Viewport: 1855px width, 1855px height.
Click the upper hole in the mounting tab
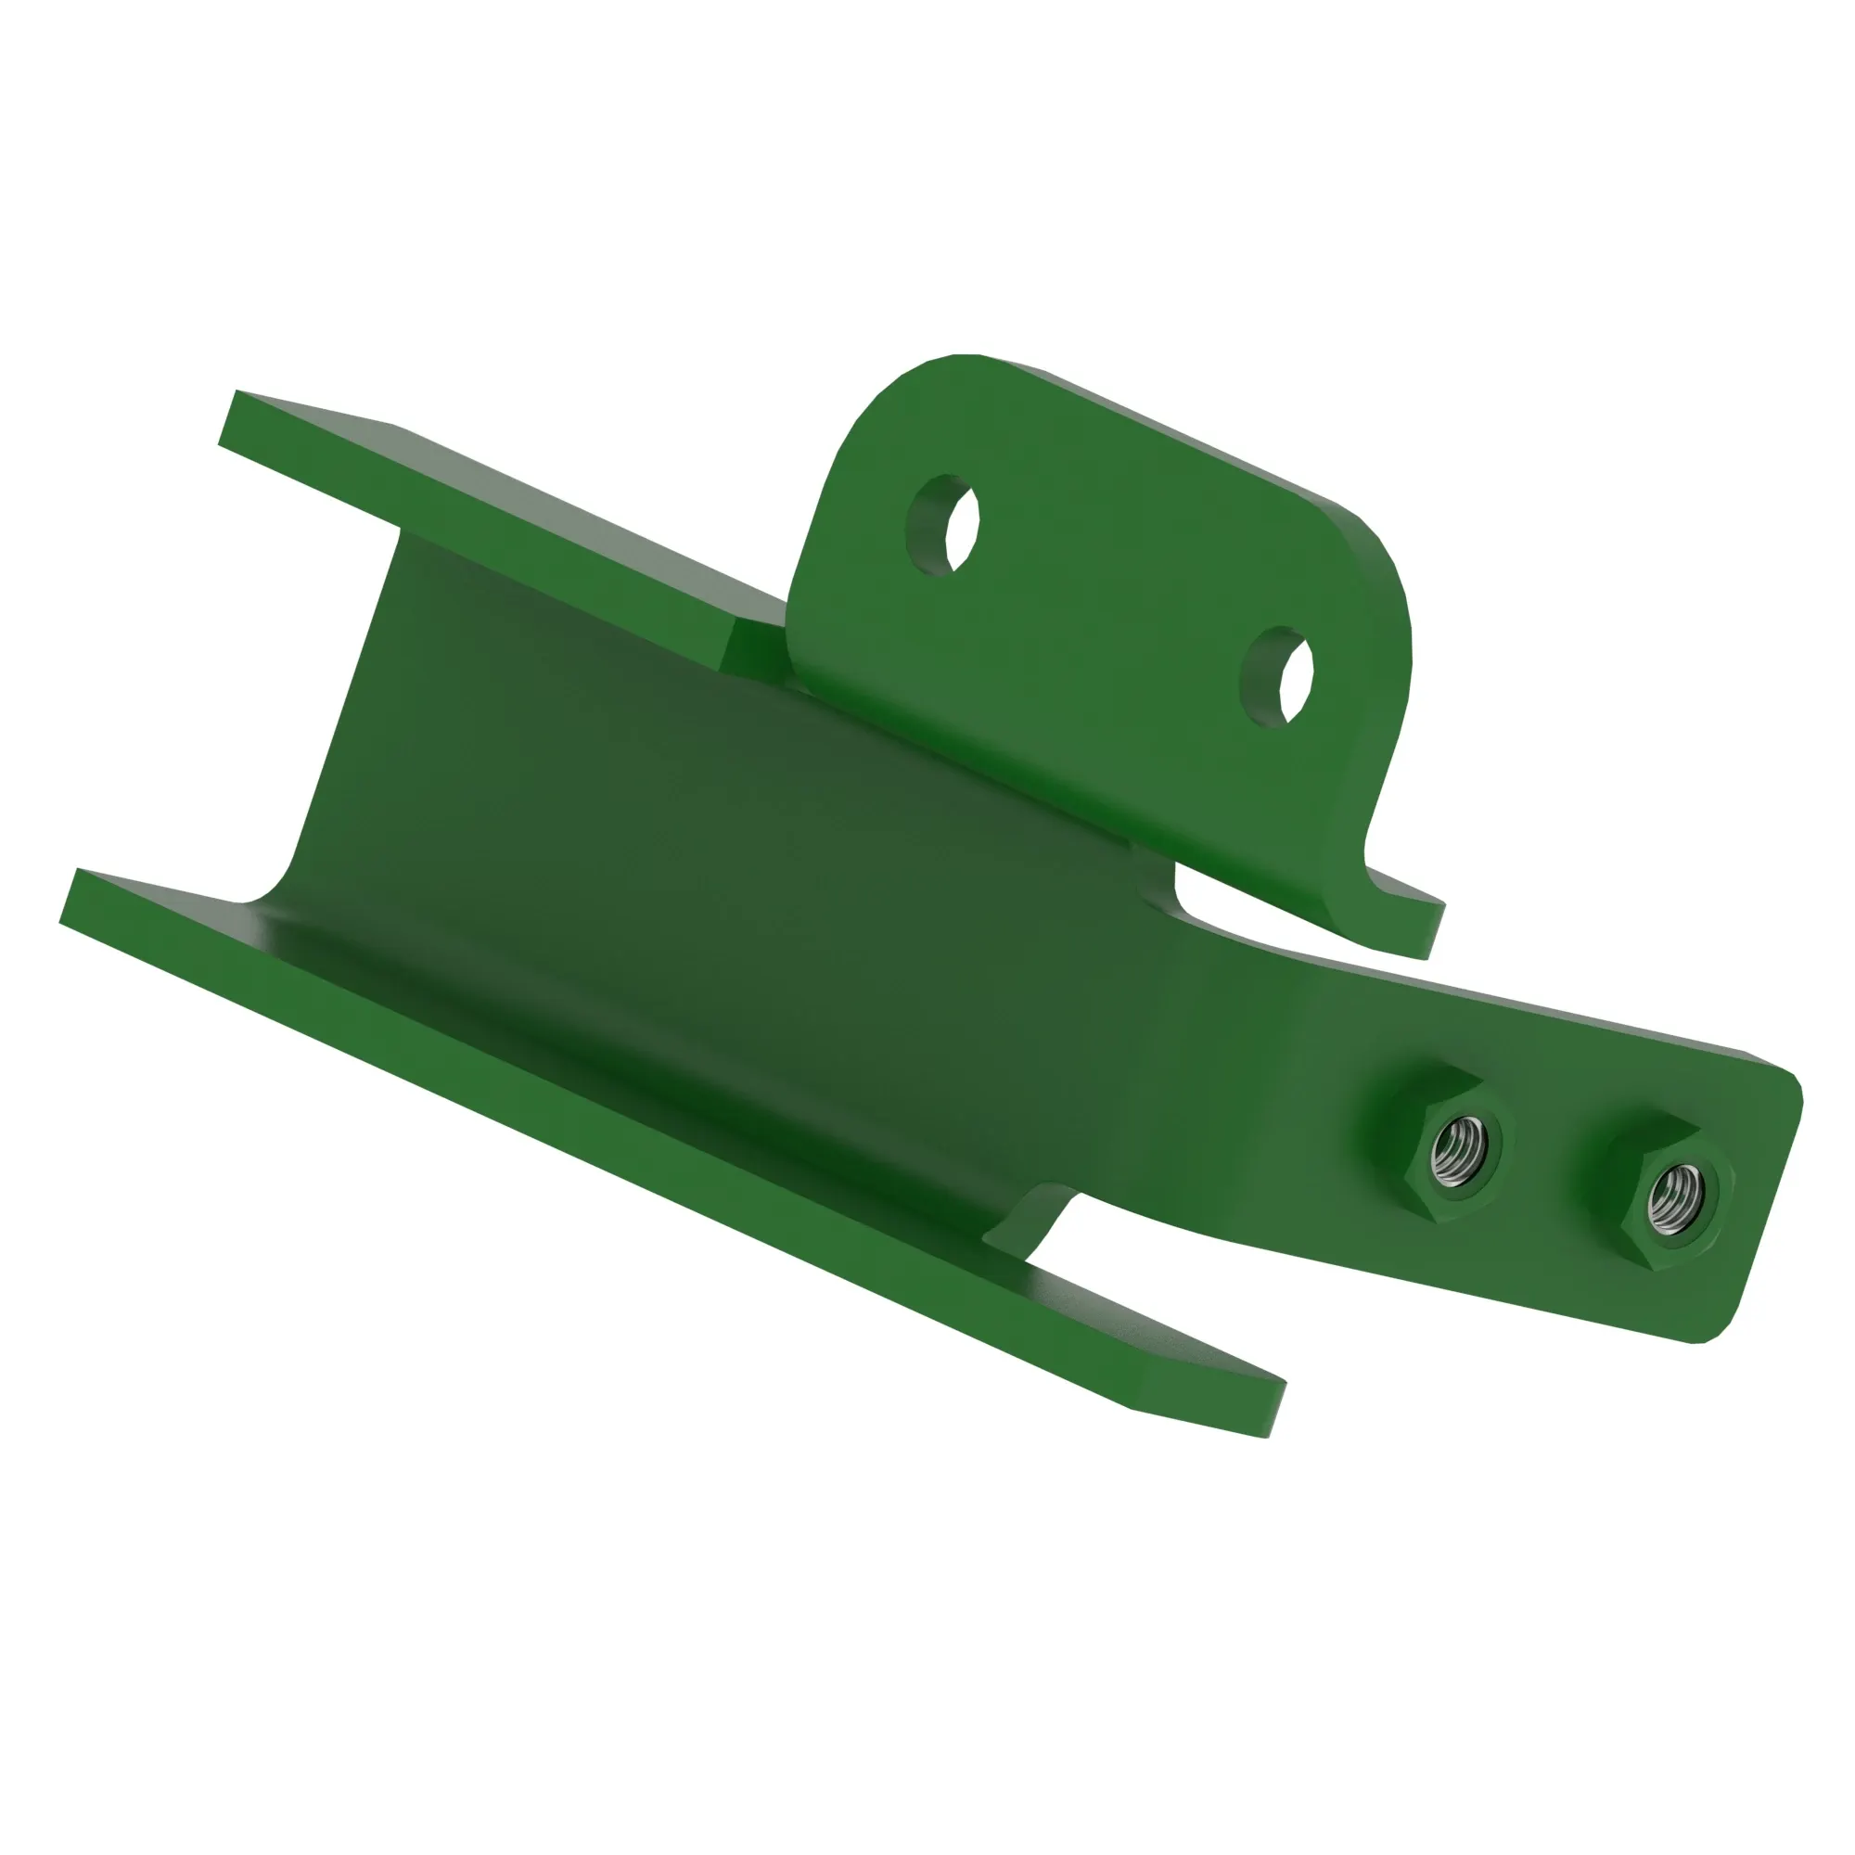coord(944,524)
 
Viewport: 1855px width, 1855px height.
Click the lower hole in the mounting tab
coord(1277,677)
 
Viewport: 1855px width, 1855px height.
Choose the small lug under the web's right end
coord(1037,1220)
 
